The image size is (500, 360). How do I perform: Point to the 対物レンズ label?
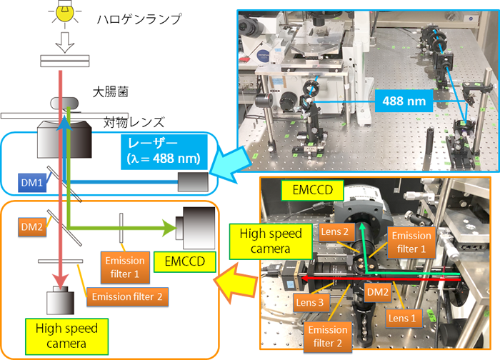tap(135, 121)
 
